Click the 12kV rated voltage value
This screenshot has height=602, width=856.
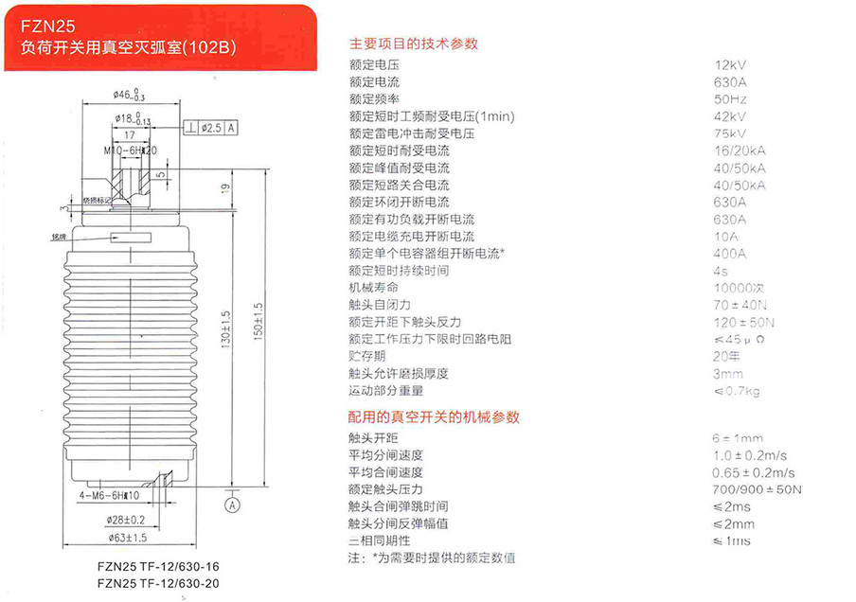pyautogui.click(x=731, y=65)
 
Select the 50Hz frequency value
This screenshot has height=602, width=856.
pyautogui.click(x=730, y=99)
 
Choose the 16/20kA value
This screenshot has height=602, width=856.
pyautogui.click(x=739, y=150)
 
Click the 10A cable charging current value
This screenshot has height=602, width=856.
pyautogui.click(x=726, y=236)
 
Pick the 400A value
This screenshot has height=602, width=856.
pyautogui.click(x=729, y=254)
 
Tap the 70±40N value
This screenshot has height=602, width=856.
pyautogui.click(x=738, y=305)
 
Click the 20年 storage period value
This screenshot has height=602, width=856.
pyautogui.click(x=726, y=356)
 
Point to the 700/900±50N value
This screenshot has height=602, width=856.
pyautogui.click(x=756, y=489)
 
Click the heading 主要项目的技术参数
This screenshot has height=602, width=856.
pyautogui.click(x=414, y=44)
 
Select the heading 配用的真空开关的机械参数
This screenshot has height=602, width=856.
pyautogui.click(x=434, y=416)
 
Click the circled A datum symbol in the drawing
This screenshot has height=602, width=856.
pyautogui.click(x=231, y=505)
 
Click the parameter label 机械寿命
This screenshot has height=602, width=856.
pyautogui.click(x=373, y=288)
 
